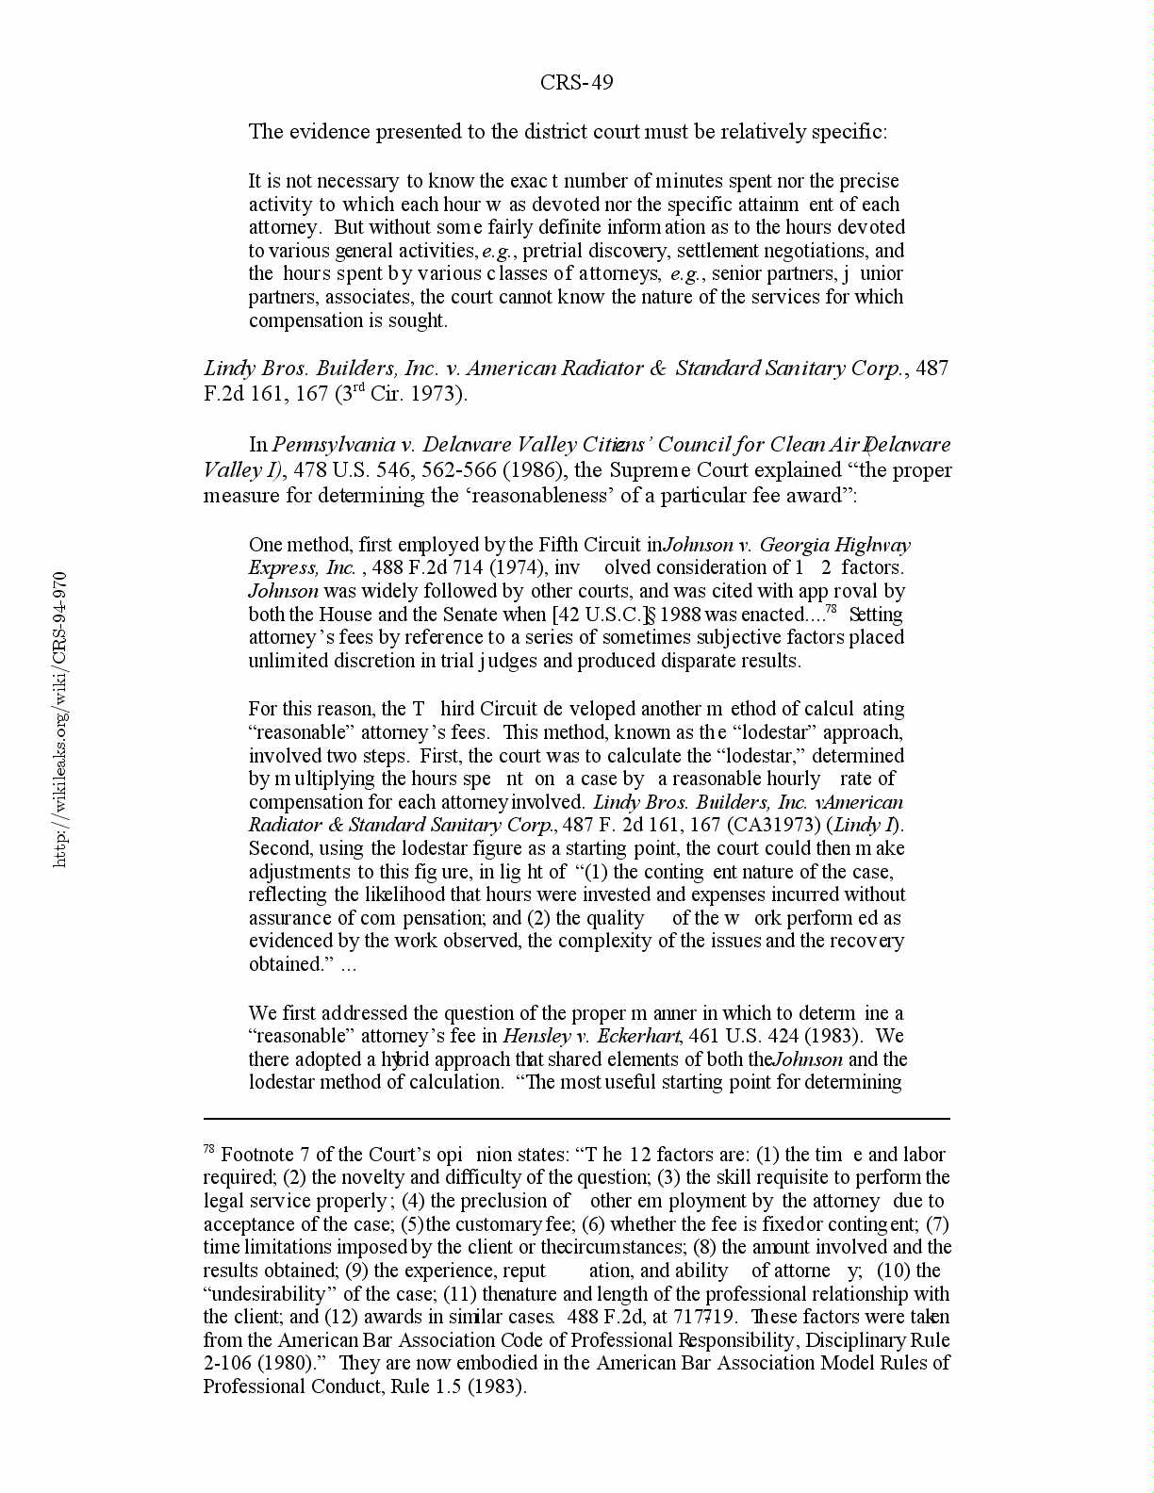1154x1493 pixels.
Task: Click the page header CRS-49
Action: click(x=576, y=83)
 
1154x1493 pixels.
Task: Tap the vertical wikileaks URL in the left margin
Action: click(x=59, y=718)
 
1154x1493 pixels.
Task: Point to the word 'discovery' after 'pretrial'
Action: click(x=617, y=251)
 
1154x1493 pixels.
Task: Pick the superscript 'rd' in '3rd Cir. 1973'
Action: click(x=357, y=387)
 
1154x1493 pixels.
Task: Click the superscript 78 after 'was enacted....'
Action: click(x=832, y=609)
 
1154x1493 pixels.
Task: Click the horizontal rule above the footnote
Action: click(x=576, y=1119)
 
